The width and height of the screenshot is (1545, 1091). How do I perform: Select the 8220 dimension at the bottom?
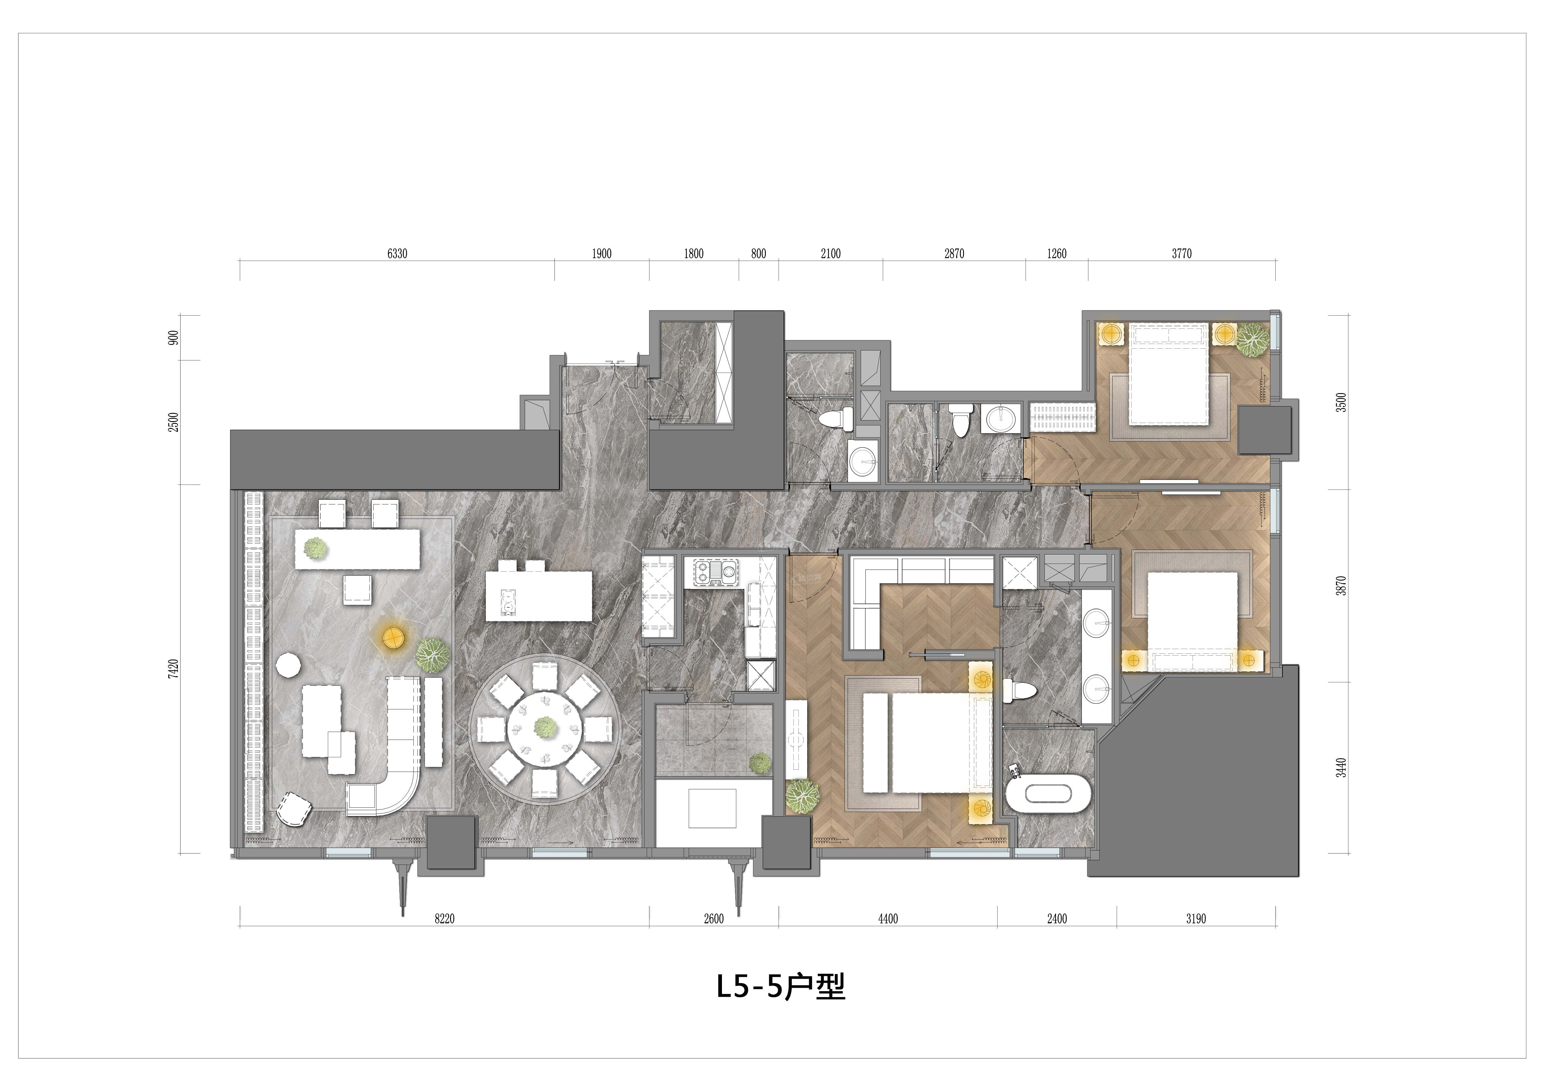(x=444, y=919)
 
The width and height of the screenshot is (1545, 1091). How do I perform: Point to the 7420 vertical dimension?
(x=174, y=669)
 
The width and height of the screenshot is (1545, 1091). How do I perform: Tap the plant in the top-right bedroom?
(x=1252, y=340)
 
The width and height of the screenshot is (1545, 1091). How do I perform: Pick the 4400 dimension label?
(x=887, y=919)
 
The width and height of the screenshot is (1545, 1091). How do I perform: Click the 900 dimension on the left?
(x=174, y=338)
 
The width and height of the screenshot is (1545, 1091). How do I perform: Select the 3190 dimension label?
(x=1196, y=919)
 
